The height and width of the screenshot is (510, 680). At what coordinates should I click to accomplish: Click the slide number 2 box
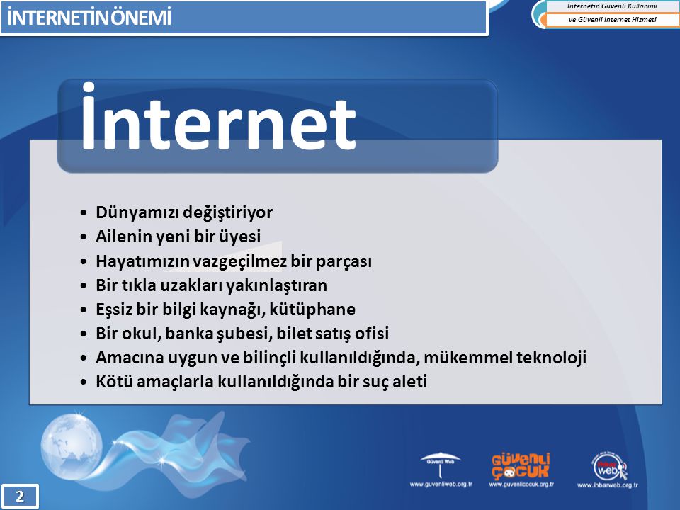pyautogui.click(x=20, y=496)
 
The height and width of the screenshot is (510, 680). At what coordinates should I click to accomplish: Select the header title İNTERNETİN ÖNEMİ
pyautogui.click(x=89, y=18)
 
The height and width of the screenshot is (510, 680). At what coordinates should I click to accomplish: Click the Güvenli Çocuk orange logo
pyautogui.click(x=521, y=466)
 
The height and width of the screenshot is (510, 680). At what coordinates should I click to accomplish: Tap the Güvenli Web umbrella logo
pyautogui.click(x=440, y=465)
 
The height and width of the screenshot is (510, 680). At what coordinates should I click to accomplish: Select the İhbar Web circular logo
pyautogui.click(x=609, y=466)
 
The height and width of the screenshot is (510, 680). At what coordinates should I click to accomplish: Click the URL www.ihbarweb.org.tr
pyautogui.click(x=608, y=485)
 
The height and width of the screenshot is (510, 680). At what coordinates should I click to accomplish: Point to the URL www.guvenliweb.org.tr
pyautogui.click(x=441, y=484)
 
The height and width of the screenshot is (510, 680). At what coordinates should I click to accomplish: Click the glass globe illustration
pyautogui.click(x=72, y=445)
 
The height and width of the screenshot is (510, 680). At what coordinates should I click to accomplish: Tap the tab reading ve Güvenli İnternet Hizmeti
pyautogui.click(x=612, y=20)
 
